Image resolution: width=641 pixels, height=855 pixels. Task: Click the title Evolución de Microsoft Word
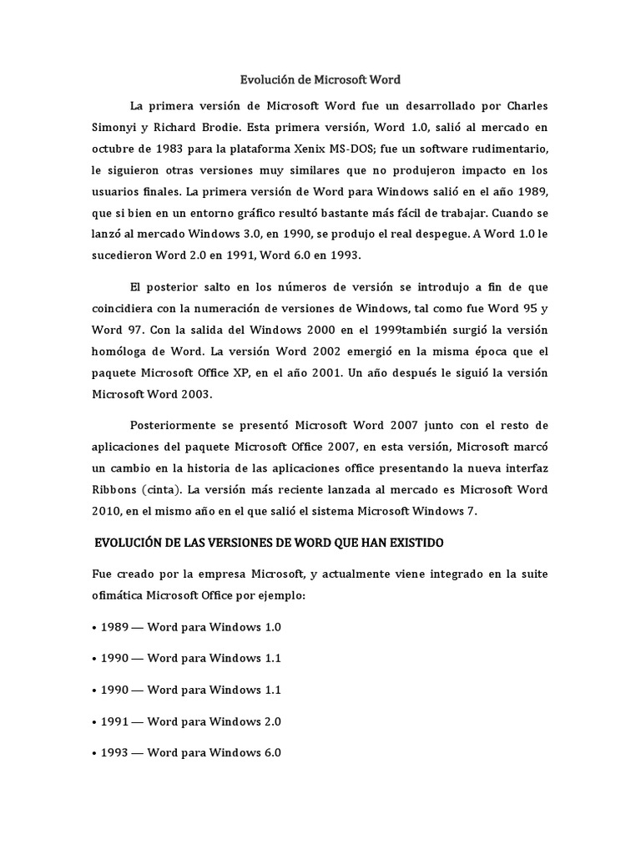point(320,80)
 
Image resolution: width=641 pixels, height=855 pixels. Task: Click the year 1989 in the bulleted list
point(114,626)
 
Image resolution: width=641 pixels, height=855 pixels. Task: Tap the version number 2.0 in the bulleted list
point(270,721)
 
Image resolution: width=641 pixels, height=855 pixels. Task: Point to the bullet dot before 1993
point(94,752)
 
